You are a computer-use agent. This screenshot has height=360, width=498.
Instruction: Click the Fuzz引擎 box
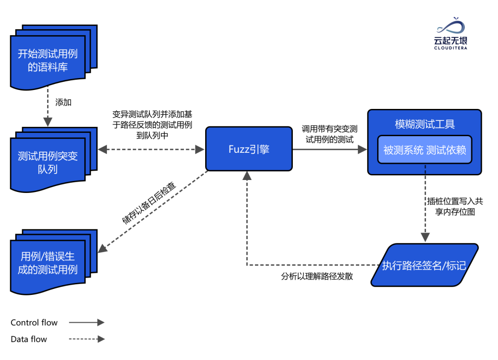click(x=249, y=149)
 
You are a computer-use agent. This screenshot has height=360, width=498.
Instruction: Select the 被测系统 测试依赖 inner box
click(x=425, y=150)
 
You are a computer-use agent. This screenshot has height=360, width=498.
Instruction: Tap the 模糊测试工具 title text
click(x=425, y=124)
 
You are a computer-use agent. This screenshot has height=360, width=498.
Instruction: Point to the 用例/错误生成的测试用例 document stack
click(x=48, y=263)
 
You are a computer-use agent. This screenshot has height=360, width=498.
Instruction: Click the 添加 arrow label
click(x=63, y=102)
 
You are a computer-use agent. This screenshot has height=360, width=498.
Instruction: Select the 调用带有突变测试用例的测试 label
click(x=330, y=134)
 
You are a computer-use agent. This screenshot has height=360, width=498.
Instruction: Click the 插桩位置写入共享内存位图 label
click(x=455, y=207)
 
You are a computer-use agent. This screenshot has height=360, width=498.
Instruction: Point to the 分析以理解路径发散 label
click(x=317, y=277)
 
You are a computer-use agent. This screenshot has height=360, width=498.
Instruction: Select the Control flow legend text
click(x=34, y=323)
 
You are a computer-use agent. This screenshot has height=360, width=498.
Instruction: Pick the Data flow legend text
click(x=29, y=339)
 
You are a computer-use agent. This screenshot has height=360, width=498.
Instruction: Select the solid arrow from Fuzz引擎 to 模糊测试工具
click(x=330, y=149)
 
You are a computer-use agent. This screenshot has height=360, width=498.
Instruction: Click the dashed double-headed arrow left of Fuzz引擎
click(x=151, y=149)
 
